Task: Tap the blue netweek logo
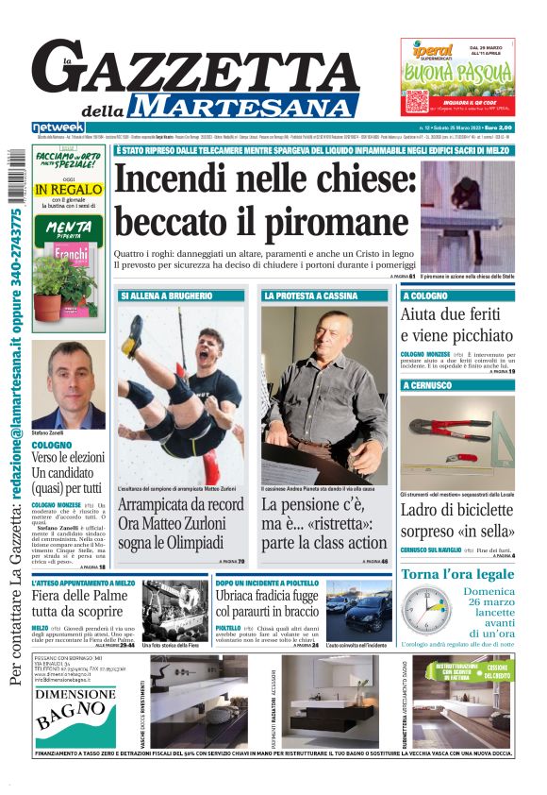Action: [58, 127]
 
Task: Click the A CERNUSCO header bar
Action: [427, 385]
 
